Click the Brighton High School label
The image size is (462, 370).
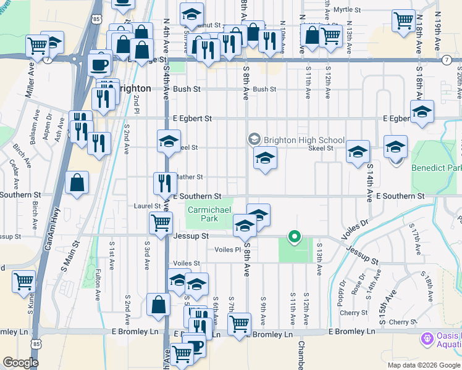303,140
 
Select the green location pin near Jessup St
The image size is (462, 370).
295,236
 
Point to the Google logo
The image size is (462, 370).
20,363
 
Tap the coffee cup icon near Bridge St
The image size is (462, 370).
99,63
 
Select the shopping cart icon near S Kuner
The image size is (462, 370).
23,281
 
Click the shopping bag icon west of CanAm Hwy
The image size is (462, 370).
77,183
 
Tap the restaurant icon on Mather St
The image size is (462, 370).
165,183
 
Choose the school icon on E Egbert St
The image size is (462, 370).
422,112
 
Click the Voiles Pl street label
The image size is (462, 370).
227,250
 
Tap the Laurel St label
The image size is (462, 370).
148,206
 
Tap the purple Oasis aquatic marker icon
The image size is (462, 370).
426,339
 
